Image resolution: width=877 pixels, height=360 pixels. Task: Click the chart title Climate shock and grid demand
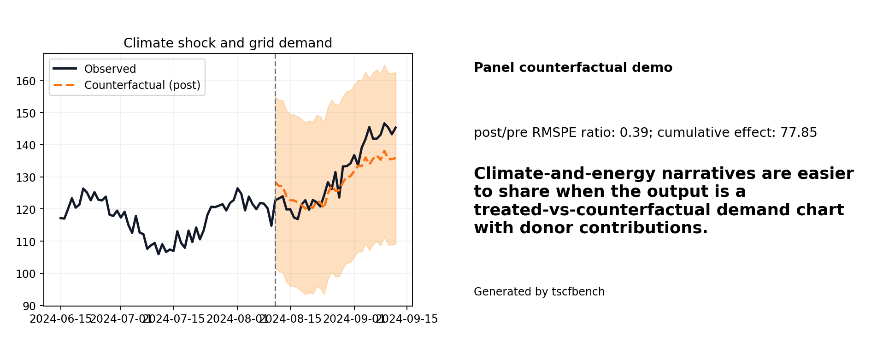coord(228,43)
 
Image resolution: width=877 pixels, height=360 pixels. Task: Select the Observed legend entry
coord(110,69)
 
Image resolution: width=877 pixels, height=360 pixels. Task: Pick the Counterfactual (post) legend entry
coord(142,85)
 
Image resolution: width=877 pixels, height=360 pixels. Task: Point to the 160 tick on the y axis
coord(29,81)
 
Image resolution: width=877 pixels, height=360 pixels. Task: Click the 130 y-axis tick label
coord(29,177)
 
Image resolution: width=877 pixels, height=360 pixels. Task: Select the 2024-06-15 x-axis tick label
coord(61,319)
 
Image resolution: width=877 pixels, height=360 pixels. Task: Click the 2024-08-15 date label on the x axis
coord(290,319)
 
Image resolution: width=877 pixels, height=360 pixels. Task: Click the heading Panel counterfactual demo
coord(573,68)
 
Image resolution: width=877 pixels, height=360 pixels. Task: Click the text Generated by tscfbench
coord(539,292)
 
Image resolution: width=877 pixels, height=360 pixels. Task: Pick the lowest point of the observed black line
coord(159,254)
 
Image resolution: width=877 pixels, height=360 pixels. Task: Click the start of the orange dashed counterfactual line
coord(276,183)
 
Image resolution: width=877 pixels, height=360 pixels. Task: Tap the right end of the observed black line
coord(396,127)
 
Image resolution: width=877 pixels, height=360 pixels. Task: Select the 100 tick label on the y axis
coord(29,274)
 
